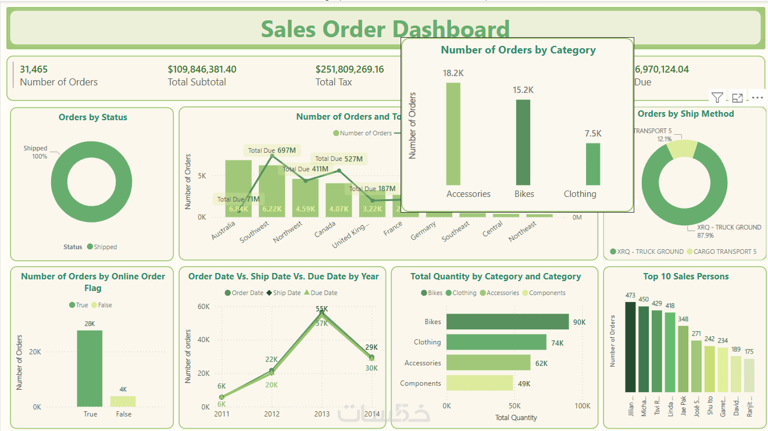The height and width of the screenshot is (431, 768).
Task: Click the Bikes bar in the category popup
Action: [524, 142]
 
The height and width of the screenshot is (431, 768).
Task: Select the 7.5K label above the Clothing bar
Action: [593, 134]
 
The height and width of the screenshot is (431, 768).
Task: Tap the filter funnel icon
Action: [717, 98]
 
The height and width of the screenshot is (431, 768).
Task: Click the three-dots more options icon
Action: [757, 98]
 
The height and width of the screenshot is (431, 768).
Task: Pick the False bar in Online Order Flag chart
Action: [123, 401]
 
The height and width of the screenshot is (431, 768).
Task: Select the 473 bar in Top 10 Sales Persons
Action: [630, 347]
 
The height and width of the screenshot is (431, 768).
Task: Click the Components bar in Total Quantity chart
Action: [480, 383]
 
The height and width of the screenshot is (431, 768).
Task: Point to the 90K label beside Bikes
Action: [579, 322]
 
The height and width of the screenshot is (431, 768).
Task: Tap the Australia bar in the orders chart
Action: [238, 189]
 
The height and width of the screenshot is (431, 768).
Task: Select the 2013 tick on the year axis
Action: [322, 414]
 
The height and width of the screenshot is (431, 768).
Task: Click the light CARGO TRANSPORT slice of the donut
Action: [682, 149]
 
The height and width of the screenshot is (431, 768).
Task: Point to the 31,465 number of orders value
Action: [34, 70]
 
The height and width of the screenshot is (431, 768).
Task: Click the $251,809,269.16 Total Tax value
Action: [349, 70]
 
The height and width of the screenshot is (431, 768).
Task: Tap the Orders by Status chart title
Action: [92, 117]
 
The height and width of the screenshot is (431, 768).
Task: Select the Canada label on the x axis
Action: [324, 232]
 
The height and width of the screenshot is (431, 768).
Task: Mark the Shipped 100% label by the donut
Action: [36, 152]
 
